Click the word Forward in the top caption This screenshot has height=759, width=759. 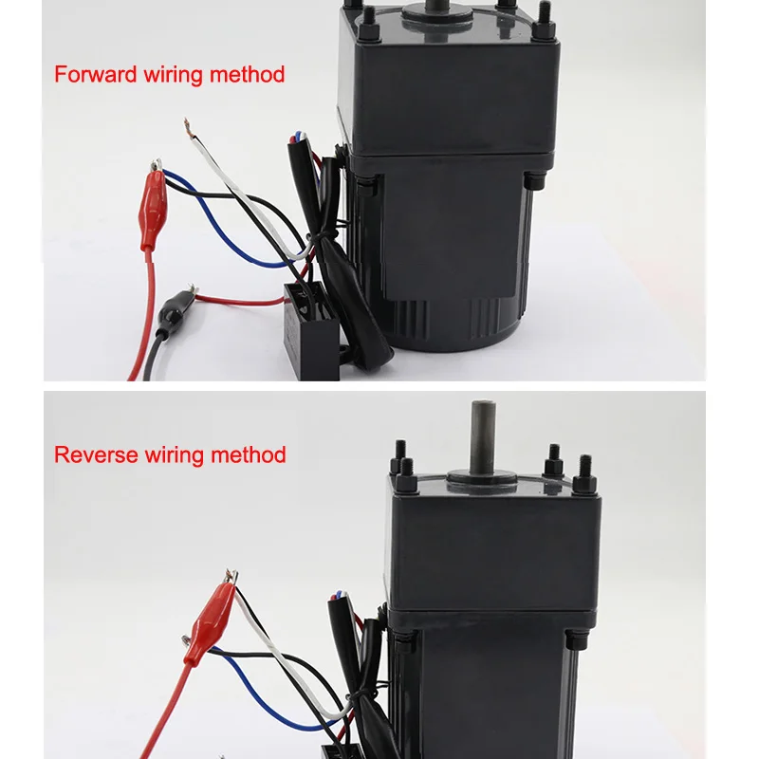[x=96, y=75]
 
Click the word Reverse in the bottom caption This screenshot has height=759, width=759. [x=97, y=455]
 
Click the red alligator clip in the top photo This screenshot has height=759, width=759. [x=153, y=206]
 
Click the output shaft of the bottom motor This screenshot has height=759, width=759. [x=483, y=438]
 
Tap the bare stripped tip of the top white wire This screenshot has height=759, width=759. [x=187, y=127]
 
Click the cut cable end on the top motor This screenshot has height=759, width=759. [x=297, y=139]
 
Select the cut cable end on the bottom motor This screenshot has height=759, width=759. [x=338, y=598]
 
